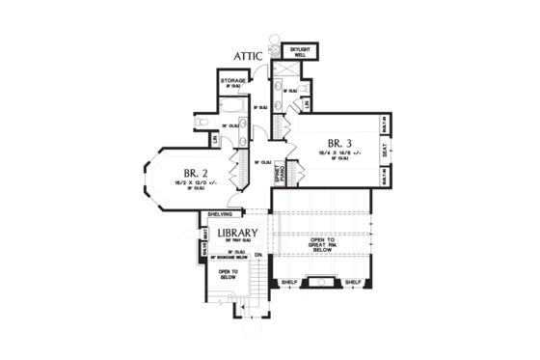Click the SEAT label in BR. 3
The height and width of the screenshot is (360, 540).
[x=385, y=151]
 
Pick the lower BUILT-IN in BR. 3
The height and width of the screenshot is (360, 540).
[x=385, y=177]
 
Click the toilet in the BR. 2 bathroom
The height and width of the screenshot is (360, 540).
[x=202, y=123]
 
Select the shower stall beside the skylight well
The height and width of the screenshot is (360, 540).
[x=286, y=72]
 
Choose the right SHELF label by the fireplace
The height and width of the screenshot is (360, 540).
[x=353, y=282]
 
